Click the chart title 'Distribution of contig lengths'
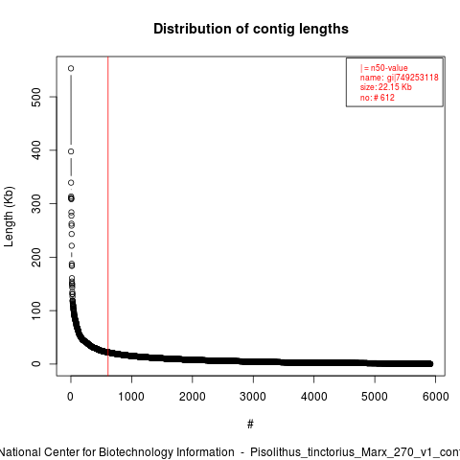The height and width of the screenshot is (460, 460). tap(251, 29)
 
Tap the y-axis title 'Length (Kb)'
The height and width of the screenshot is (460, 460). tap(9, 217)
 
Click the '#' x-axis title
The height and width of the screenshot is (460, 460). tap(250, 425)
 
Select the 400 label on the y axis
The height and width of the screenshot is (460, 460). tap(36, 150)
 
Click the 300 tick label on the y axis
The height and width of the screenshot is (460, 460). tap(36, 203)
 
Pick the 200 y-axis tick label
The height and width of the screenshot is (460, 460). tap(36, 257)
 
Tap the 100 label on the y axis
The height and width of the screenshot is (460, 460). tap(36, 310)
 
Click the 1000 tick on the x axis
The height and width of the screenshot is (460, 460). tap(131, 397)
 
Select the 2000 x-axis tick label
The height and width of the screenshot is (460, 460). tap(193, 397)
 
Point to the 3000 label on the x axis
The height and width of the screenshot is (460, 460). tap(253, 397)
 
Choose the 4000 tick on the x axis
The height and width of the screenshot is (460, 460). tap(314, 397)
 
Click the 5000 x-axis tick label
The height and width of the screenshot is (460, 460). tap(375, 397)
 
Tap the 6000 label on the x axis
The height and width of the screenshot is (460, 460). tap(436, 397)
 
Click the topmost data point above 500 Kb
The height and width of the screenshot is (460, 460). tap(71, 68)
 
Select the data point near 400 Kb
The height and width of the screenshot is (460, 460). tap(71, 151)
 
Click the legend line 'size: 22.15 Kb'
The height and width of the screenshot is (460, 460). tap(386, 87)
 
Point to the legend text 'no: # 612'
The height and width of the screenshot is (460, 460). tap(378, 97)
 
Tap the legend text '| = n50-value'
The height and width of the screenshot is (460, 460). tap(384, 68)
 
